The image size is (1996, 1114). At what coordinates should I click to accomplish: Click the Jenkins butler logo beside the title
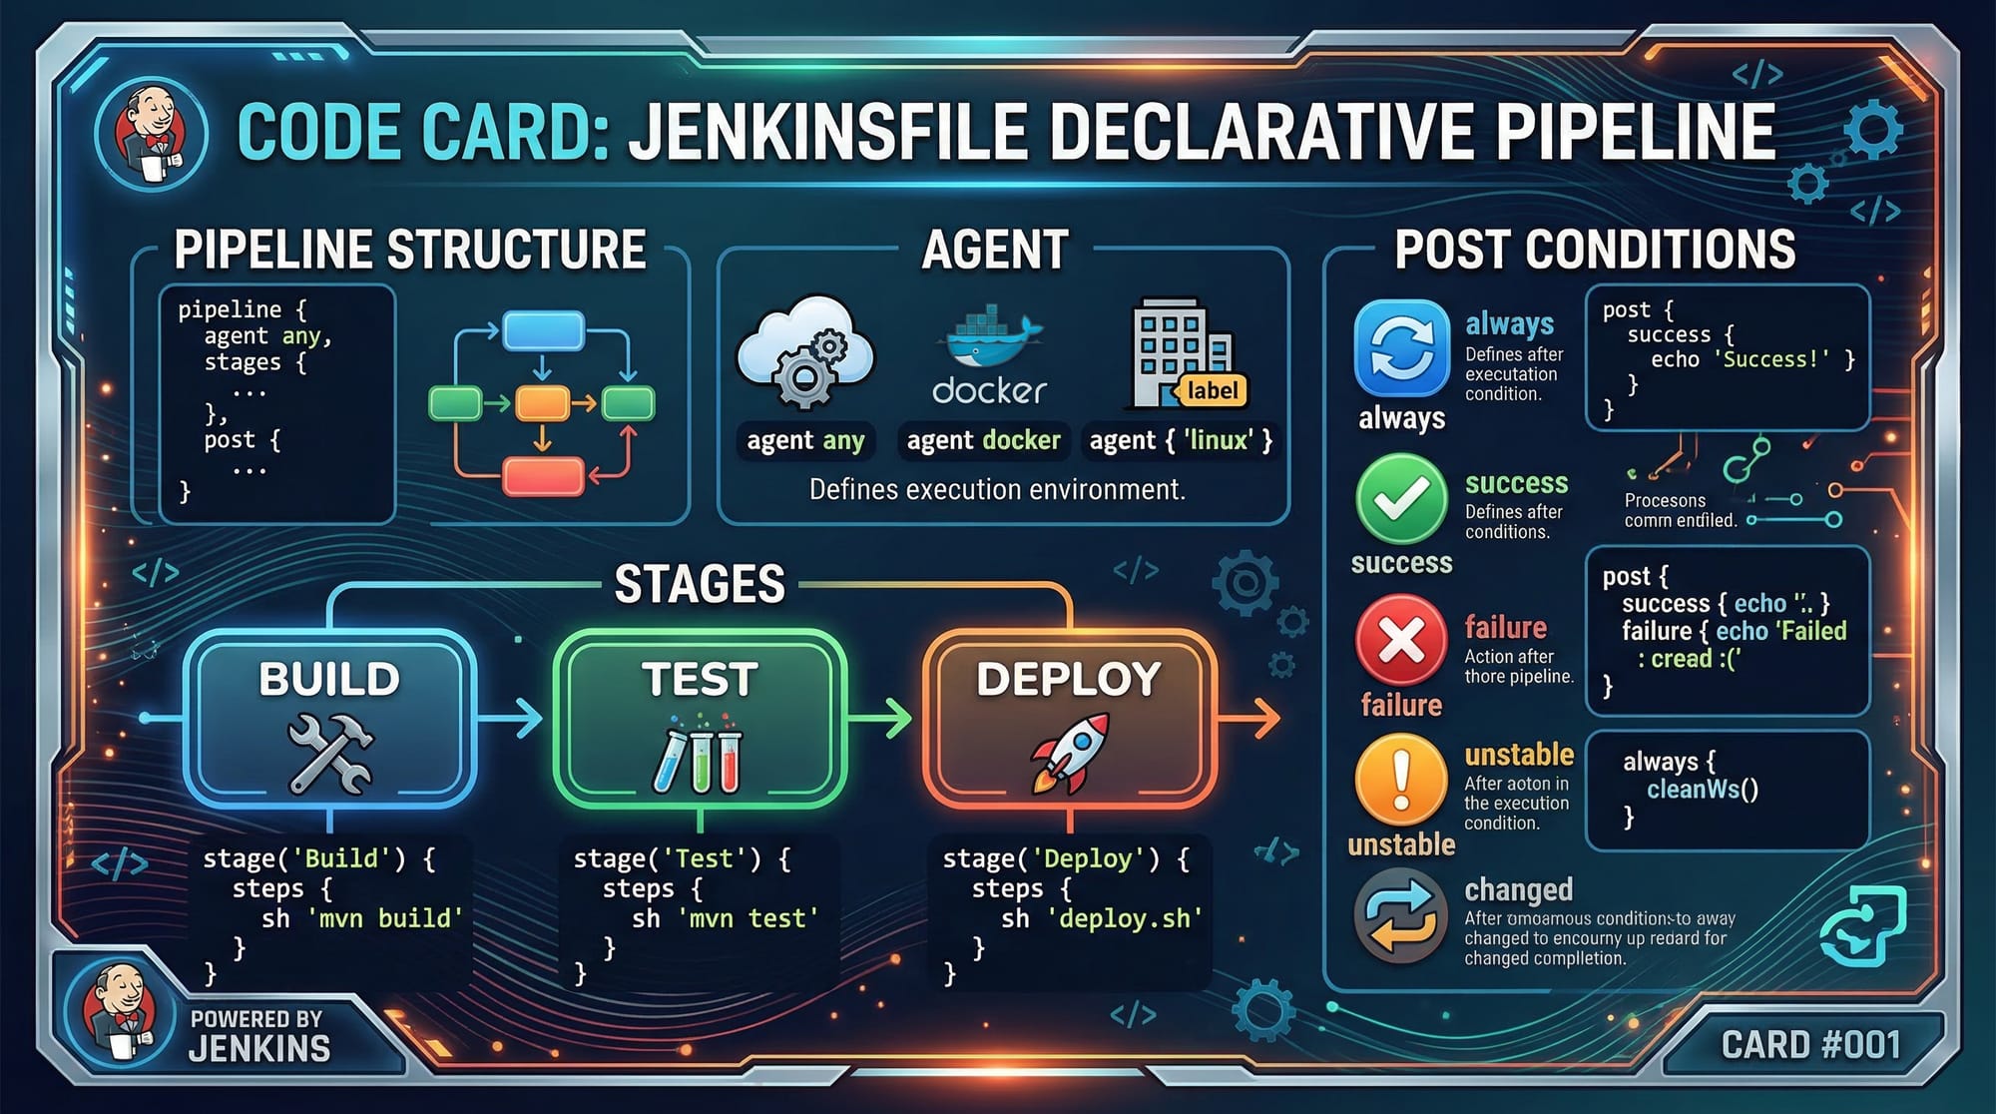click(152, 135)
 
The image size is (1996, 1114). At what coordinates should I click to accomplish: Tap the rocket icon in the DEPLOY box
click(1070, 751)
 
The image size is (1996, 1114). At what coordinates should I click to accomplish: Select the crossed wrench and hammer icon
click(330, 754)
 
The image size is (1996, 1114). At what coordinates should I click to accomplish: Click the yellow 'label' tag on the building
click(1212, 390)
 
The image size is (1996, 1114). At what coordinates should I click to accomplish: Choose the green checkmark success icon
click(1401, 499)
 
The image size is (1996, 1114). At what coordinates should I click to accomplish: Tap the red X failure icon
click(1401, 640)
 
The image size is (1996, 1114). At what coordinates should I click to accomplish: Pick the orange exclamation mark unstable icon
click(1401, 782)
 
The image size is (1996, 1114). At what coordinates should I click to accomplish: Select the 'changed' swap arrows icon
click(1401, 915)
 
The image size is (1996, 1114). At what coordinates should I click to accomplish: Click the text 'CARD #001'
click(1810, 1045)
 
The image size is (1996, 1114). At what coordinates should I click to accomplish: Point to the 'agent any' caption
click(805, 440)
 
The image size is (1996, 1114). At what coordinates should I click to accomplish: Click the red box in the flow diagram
click(543, 476)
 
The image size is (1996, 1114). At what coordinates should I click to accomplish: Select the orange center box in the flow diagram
click(542, 403)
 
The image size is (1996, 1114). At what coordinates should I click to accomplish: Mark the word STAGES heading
click(700, 584)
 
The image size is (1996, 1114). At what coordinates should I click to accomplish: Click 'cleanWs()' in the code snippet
click(1703, 790)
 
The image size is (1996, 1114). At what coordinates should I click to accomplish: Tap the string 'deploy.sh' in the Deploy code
click(1125, 918)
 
